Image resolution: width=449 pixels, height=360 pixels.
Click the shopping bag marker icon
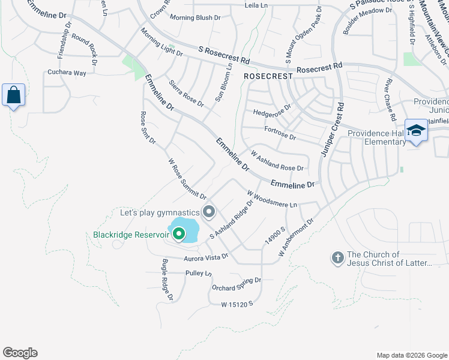[x=13, y=95]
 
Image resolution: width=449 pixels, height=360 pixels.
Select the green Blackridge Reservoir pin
[x=178, y=233]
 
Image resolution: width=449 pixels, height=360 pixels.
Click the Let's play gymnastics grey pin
[x=209, y=212]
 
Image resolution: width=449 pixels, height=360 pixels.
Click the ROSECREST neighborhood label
[x=268, y=77]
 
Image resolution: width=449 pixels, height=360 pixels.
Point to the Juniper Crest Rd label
[x=332, y=130]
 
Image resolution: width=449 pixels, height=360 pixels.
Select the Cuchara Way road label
[x=67, y=73]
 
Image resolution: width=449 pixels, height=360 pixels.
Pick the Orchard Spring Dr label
[x=237, y=284]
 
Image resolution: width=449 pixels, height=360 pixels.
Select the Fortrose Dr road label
[x=280, y=133]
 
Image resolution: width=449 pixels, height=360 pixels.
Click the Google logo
[x=20, y=353]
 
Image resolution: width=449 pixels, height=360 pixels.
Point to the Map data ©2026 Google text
[x=411, y=355]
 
